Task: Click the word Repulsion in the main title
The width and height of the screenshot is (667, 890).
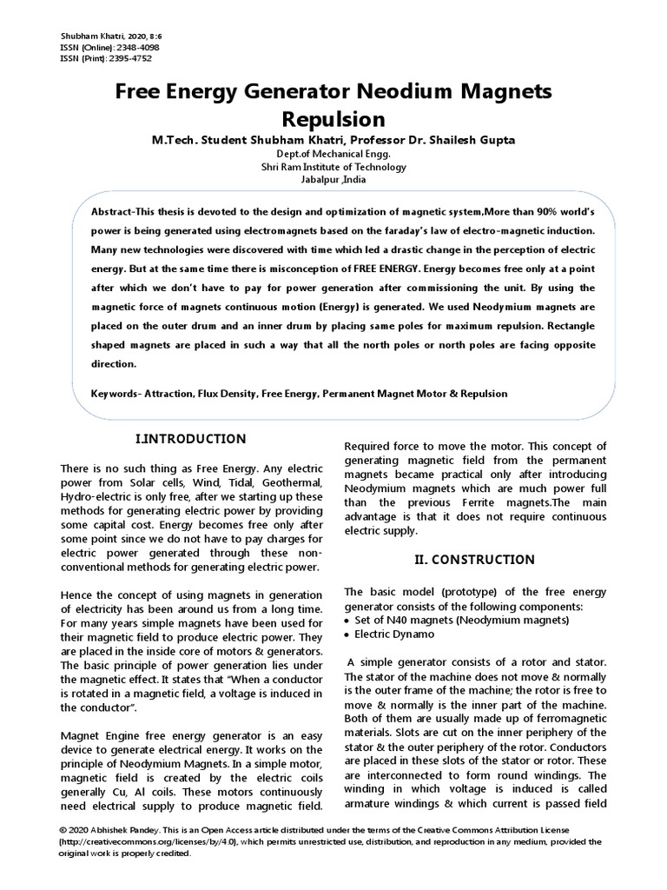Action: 333,118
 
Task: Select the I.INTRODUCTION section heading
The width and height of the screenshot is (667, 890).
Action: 191,439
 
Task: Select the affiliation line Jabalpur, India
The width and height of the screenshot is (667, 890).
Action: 333,180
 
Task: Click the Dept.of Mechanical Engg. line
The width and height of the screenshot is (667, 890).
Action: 333,153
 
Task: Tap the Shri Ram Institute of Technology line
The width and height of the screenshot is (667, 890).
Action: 333,167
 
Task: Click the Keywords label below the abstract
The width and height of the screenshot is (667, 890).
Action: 114,394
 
